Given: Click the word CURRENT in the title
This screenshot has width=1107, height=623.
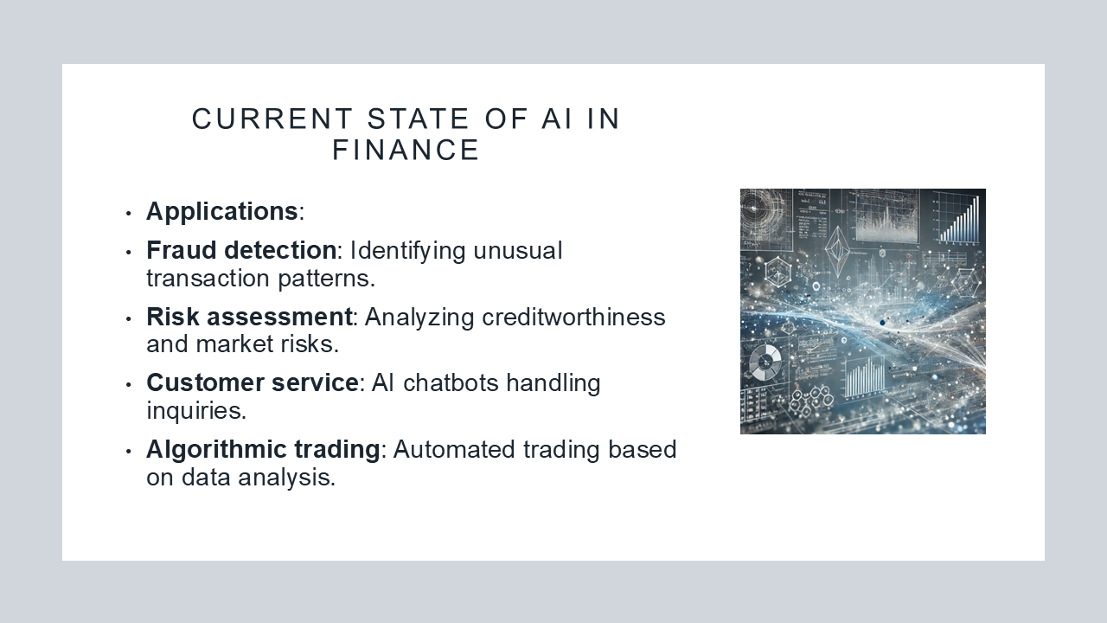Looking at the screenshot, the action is [272, 119].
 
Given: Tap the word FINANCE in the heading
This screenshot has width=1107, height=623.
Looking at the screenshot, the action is [406, 150].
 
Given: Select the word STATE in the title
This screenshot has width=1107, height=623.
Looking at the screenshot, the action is [418, 119].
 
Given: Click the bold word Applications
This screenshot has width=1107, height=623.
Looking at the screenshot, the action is [222, 212].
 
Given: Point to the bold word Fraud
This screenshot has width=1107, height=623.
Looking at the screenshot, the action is [182, 250].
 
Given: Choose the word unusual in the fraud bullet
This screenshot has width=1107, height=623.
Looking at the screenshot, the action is [518, 251].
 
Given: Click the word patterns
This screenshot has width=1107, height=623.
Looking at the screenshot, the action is [327, 279].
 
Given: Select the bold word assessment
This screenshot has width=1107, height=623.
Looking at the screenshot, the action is [279, 318].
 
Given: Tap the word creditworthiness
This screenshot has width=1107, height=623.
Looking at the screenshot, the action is [573, 317].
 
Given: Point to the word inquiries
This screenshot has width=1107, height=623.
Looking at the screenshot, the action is [196, 411].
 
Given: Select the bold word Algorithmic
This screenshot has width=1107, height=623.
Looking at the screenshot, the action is [216, 450].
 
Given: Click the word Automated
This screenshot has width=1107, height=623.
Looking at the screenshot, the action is [454, 449].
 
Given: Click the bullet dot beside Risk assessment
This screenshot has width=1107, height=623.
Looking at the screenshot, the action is [129, 319].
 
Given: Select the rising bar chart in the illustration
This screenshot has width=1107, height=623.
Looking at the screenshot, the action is [959, 219].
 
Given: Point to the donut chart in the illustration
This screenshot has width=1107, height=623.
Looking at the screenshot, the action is [765, 363].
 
